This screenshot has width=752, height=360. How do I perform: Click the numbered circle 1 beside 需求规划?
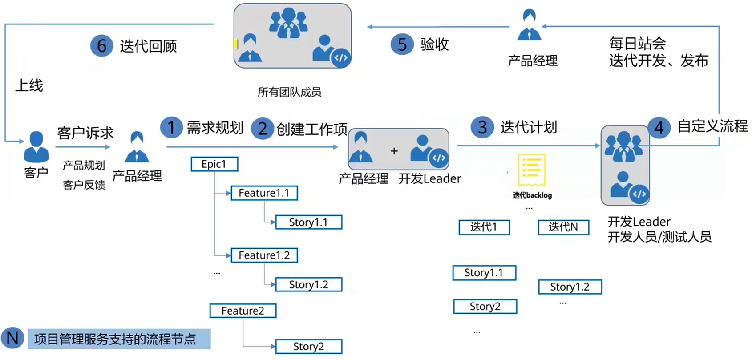(x=171, y=128)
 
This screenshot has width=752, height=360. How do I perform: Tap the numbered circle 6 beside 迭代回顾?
(x=101, y=46)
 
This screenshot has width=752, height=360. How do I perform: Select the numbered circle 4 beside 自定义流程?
(x=659, y=128)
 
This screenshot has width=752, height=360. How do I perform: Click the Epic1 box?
(x=214, y=164)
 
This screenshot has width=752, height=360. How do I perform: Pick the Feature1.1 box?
(x=264, y=193)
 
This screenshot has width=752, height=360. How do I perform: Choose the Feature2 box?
(x=243, y=311)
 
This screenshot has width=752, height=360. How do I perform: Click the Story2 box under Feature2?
(x=308, y=347)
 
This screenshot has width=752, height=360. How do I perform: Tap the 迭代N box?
(x=563, y=227)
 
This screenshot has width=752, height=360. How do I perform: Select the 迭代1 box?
(x=484, y=227)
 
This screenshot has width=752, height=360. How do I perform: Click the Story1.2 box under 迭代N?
(x=570, y=287)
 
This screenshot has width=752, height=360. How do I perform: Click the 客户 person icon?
(x=36, y=147)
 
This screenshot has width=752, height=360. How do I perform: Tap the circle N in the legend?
(x=12, y=338)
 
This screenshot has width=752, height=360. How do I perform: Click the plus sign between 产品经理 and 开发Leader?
(x=394, y=151)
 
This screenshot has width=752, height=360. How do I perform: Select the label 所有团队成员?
(x=289, y=92)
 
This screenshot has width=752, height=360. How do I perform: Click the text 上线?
(x=29, y=85)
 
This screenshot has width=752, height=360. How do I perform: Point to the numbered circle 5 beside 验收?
(x=402, y=44)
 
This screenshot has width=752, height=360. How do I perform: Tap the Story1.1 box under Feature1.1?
(x=308, y=222)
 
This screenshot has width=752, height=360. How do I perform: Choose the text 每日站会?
(x=637, y=44)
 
